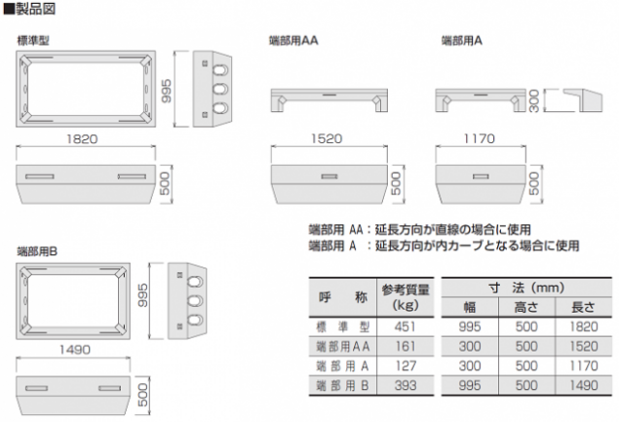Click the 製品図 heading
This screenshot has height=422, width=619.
[35, 9]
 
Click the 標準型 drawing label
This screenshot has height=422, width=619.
[33, 41]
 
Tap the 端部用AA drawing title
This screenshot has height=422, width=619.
[293, 41]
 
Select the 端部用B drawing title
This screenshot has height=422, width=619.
[37, 251]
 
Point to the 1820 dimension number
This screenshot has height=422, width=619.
[82, 139]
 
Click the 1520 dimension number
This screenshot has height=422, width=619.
[327, 138]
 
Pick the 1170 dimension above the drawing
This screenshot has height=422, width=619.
[479, 138]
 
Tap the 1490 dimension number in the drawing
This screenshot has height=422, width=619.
[75, 349]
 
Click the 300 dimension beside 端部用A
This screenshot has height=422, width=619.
[534, 100]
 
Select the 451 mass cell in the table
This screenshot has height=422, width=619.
[406, 326]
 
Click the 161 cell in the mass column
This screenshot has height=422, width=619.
[406, 346]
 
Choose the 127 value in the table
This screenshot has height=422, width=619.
[406, 365]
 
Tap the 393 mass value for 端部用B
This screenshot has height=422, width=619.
[406, 385]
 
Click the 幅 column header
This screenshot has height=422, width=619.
[470, 307]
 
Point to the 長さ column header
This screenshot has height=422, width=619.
[583, 307]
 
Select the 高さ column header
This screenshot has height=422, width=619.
[525, 307]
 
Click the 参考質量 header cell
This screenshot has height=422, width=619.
[406, 289]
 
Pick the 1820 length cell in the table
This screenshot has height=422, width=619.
[584, 326]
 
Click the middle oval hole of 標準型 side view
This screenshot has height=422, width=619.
[220, 89]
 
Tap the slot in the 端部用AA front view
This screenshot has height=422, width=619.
[329, 176]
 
